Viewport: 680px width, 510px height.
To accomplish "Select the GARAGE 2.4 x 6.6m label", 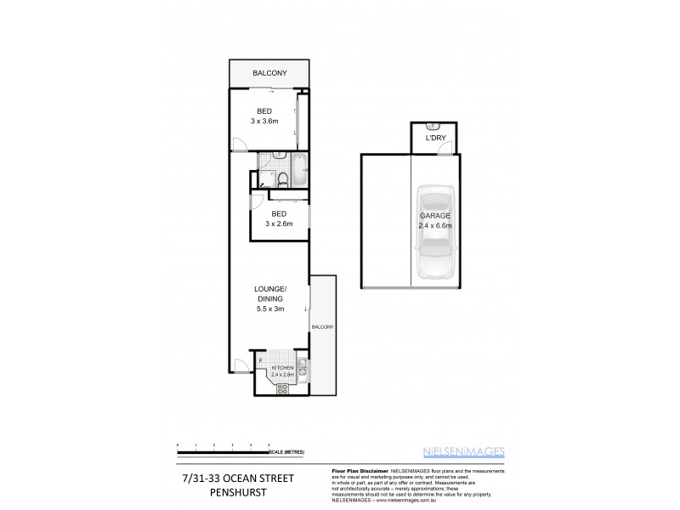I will tap(434, 221).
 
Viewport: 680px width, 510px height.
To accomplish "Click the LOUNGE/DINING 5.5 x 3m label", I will tap(269, 300).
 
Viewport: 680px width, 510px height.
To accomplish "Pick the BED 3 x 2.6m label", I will tap(279, 219).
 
